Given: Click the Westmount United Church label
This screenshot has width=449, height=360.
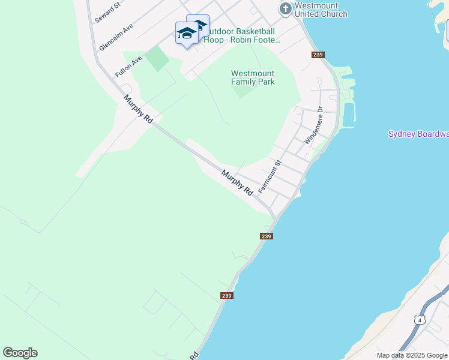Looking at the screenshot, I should coord(321,10).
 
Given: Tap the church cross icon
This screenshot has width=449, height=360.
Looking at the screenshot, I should coord(286,9).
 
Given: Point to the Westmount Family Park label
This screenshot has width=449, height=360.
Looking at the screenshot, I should coord(253,77).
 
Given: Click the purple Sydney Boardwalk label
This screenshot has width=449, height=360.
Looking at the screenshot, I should coord(418,134).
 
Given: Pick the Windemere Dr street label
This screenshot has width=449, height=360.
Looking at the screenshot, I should coord(313,125).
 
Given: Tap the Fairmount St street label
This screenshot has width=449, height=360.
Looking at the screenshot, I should coord(270,176).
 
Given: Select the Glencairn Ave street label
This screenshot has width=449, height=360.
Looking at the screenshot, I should coord(116,37).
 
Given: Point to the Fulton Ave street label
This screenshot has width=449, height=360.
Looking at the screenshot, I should coord(128,66).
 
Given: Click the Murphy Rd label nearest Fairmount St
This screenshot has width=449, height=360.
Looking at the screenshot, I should coord(237,182).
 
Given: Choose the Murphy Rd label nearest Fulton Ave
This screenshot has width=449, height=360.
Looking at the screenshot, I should coord(138,109).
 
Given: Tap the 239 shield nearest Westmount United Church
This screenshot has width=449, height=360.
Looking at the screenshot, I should coord(318,55).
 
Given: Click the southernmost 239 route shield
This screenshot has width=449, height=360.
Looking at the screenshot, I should coord(226,295).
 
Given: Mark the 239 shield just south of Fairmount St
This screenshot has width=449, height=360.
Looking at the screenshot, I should coord(267,236).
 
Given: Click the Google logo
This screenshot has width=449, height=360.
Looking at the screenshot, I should coord(20,353).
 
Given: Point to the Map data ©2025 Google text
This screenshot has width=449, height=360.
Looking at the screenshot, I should coord(412,355).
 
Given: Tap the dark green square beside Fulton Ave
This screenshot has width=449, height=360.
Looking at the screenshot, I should coord(157,59).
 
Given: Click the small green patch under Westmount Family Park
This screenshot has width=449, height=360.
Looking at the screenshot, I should coord(243,92).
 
